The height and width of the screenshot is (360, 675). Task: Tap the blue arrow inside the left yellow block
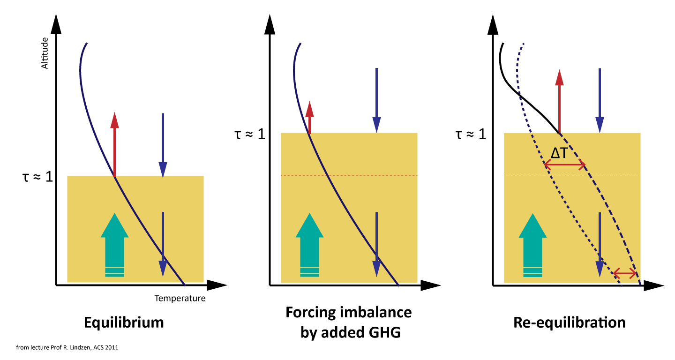(163, 244)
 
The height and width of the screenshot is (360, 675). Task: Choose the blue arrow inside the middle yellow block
(376, 244)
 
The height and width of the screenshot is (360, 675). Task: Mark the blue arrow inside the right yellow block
(600, 244)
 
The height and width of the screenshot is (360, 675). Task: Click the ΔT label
(559, 153)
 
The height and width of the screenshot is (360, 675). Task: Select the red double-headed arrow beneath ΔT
(565, 165)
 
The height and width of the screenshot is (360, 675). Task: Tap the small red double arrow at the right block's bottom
(625, 273)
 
